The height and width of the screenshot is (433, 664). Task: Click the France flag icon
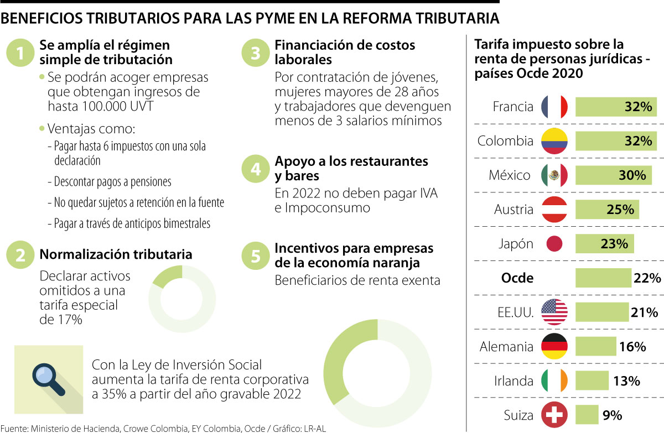[x=554, y=107]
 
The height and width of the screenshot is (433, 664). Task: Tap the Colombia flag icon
[x=554, y=141]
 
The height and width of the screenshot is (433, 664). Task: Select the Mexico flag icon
[x=554, y=175]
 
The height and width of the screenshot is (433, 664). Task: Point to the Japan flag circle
[x=554, y=244]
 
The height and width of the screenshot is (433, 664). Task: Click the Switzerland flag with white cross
[x=554, y=415]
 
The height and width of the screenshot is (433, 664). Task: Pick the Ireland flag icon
[x=554, y=381]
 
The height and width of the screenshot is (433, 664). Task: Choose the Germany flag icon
[x=554, y=347]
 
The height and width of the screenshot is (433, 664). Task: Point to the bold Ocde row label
[x=517, y=278]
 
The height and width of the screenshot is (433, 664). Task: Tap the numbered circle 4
[x=256, y=169]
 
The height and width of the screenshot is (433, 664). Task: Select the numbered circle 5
[x=256, y=255]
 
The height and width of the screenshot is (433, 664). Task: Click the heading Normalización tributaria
[x=116, y=254]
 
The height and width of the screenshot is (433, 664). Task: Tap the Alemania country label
[x=506, y=347]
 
